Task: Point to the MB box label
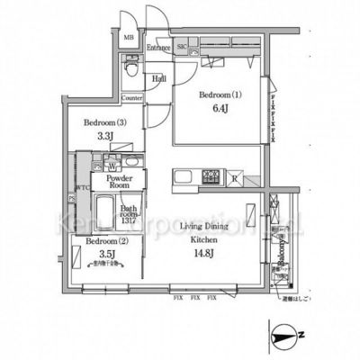point(129,39)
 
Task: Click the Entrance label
point(159,47)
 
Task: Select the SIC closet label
point(181,45)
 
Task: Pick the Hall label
point(158,79)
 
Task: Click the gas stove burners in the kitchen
point(211,175)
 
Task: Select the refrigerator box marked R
point(236,177)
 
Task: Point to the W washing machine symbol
point(112,166)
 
